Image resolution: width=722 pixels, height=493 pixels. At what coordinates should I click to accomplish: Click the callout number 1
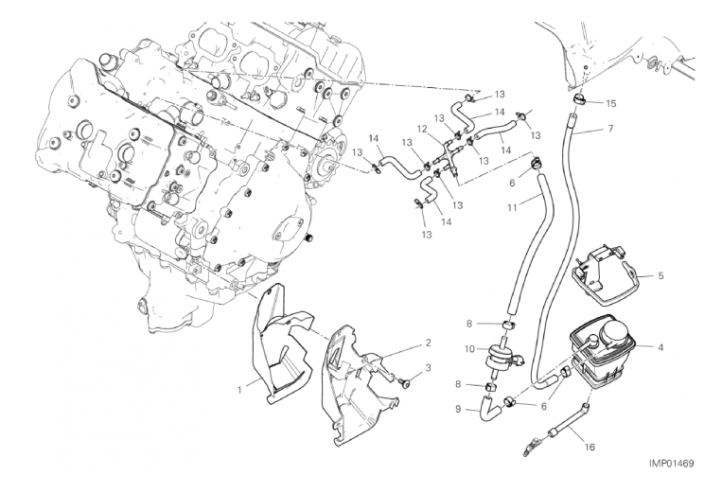click(x=241, y=389)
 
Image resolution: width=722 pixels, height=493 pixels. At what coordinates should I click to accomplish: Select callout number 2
click(x=428, y=342)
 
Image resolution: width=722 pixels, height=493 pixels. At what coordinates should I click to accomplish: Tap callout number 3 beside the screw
click(x=428, y=367)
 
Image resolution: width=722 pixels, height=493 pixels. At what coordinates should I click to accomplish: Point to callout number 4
click(x=660, y=347)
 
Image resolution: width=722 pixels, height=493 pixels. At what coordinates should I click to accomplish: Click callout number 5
click(x=660, y=276)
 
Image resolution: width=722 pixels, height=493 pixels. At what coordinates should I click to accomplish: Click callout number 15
click(x=610, y=102)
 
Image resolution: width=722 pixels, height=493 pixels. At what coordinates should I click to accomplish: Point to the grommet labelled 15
click(x=578, y=100)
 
